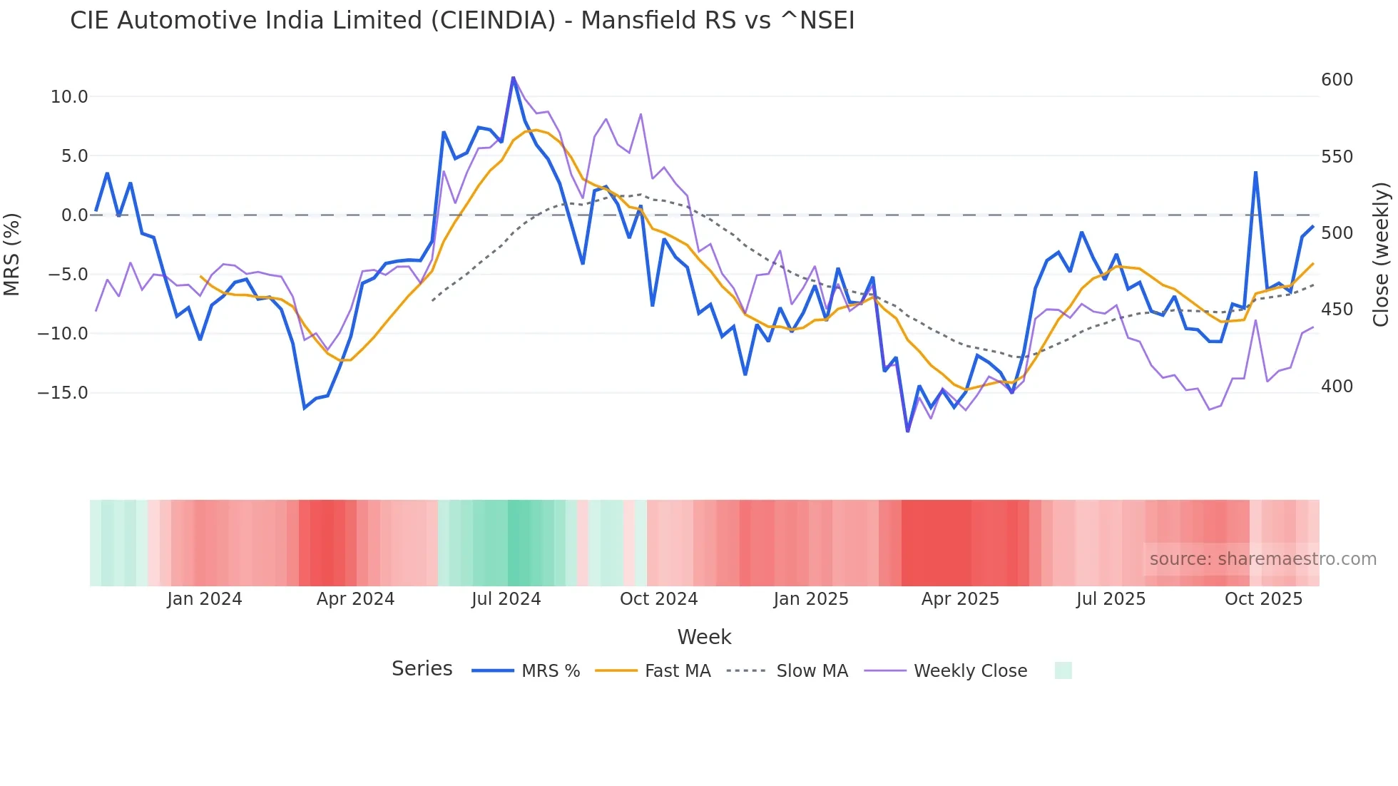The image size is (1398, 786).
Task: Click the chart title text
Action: [x=462, y=21]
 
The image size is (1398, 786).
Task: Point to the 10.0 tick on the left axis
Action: [x=69, y=97]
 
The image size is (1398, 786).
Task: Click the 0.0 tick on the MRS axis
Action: [x=75, y=215]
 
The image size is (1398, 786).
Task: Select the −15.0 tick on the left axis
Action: [x=63, y=393]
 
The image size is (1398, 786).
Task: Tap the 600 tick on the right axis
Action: [x=1337, y=80]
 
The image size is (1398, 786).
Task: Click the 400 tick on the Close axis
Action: [x=1337, y=387]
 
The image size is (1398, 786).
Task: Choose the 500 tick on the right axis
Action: [x=1337, y=233]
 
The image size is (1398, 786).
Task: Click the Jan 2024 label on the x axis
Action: [x=205, y=599]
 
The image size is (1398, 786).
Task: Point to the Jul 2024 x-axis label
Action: [x=506, y=599]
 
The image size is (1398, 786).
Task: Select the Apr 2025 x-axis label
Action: [x=960, y=599]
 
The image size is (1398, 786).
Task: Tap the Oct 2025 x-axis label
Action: [x=1263, y=599]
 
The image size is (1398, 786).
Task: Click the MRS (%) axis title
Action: [x=12, y=255]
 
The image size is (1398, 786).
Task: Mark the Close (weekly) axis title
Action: [x=1381, y=255]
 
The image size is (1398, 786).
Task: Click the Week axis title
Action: [x=704, y=637]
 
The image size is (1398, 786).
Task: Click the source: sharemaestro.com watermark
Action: [x=1262, y=559]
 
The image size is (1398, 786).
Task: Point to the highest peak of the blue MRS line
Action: [x=513, y=78]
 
